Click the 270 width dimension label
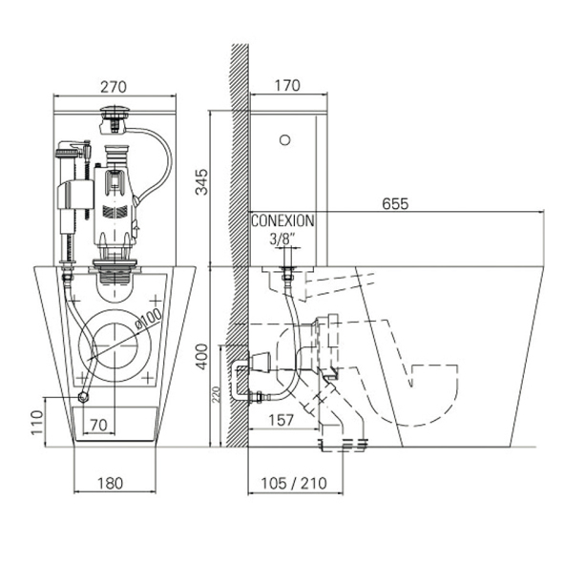tap(114, 87)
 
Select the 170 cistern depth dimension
tap(287, 86)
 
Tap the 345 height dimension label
tap(201, 182)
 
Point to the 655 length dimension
tap(395, 204)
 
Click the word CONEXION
tap(282, 221)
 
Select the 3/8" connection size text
tap(282, 239)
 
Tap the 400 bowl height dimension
tap(201, 357)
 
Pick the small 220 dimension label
tap(216, 394)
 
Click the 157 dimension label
tap(282, 420)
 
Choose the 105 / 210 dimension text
tap(294, 484)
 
